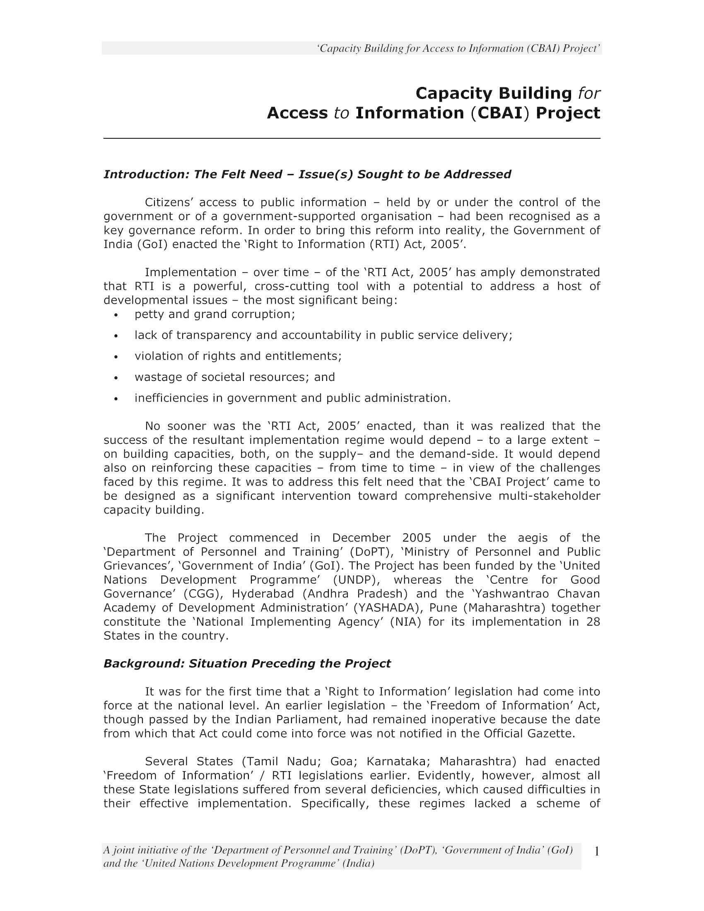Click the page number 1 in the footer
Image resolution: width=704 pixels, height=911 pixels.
(x=596, y=851)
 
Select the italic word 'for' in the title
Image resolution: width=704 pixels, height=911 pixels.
(x=589, y=93)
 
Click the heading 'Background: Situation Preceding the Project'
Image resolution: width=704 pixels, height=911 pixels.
(x=247, y=663)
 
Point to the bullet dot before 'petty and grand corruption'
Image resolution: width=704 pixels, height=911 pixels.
(x=116, y=315)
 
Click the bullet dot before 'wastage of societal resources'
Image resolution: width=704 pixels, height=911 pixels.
(x=116, y=378)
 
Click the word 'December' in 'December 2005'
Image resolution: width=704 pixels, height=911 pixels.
(x=361, y=537)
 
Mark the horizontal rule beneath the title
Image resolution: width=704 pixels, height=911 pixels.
(x=352, y=138)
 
